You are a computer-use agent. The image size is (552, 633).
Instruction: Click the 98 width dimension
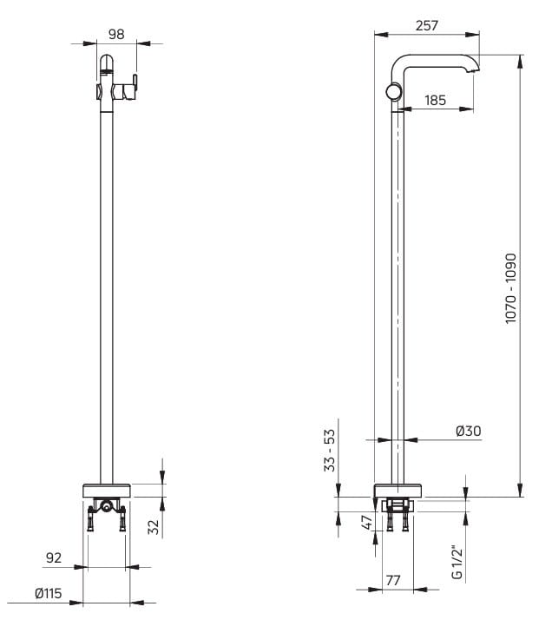tap(116, 35)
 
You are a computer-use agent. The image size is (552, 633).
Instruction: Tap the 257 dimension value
tap(426, 25)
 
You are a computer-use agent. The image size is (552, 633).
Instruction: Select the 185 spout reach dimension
tap(436, 100)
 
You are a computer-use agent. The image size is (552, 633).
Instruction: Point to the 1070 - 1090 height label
tap(510, 287)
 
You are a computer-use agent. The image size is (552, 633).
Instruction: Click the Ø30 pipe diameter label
tap(469, 431)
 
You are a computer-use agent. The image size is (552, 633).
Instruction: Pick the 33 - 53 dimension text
tap(330, 450)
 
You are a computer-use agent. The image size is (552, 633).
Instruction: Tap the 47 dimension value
tap(366, 523)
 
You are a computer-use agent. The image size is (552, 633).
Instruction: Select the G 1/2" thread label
tap(457, 563)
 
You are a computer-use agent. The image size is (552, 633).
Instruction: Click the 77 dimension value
tap(393, 580)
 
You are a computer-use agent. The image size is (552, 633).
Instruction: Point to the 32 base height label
tap(154, 527)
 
